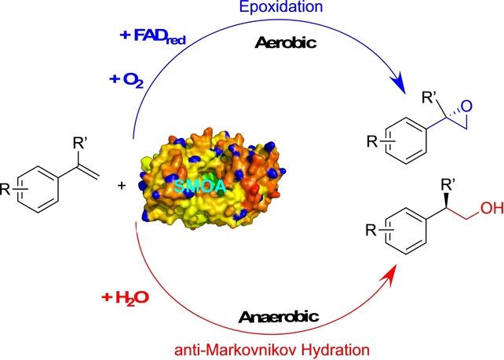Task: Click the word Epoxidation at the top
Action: pos(254,9)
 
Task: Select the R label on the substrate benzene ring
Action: pos(7,188)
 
